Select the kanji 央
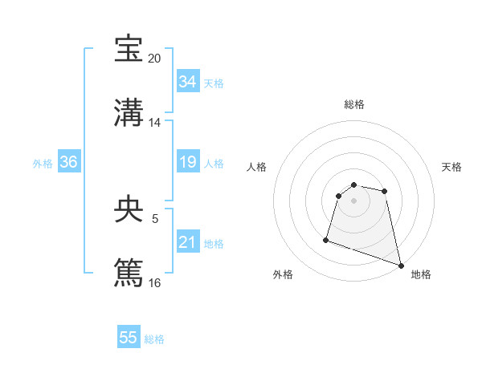(129, 209)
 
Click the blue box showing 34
(187, 82)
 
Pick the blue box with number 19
(187, 162)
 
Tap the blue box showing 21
(187, 242)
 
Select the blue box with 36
(68, 162)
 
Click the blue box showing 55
(129, 338)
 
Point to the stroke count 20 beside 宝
(155, 59)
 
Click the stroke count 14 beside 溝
(155, 123)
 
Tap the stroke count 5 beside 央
(155, 218)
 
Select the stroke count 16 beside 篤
(155, 282)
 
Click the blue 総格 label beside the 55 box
(154, 339)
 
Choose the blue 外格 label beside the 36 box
(43, 163)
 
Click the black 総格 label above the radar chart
(354, 104)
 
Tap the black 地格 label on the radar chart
(421, 274)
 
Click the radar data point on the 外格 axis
(326, 239)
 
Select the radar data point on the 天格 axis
(385, 191)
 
